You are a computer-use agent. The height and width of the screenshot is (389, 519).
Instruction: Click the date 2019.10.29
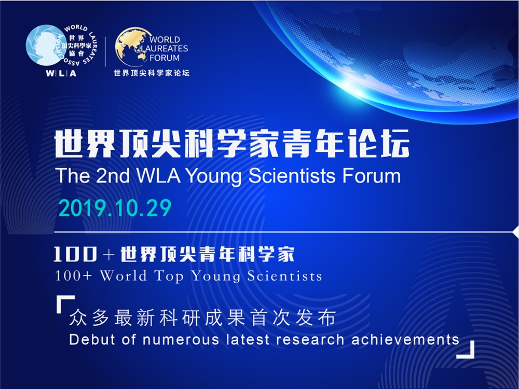coord(115,208)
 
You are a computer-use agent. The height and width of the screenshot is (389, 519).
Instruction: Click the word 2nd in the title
coord(113,175)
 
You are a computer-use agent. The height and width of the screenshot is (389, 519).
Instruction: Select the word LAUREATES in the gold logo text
coord(165,49)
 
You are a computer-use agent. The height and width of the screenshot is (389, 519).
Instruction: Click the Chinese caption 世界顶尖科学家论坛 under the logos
coord(152,73)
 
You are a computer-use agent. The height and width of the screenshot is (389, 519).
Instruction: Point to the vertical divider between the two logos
coord(105,51)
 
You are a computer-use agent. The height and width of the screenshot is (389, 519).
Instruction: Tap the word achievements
coord(405,340)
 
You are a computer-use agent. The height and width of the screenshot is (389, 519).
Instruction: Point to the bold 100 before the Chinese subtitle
coord(75,254)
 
